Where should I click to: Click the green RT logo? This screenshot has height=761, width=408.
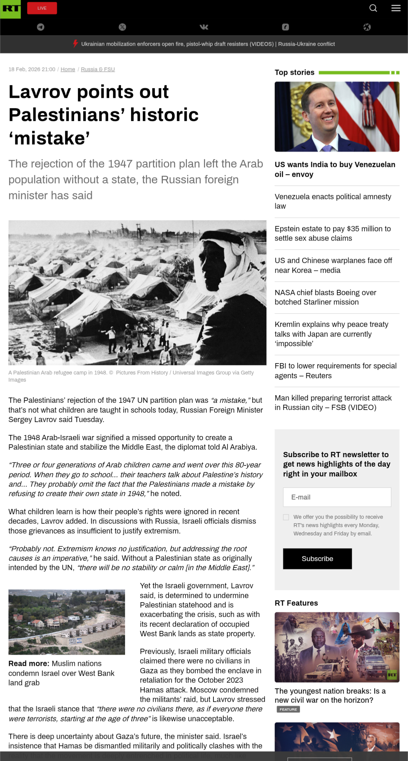pos(11,9)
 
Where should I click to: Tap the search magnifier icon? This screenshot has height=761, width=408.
pos(373,8)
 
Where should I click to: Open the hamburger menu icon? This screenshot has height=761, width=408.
pos(396,8)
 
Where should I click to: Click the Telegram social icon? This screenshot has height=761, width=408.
pos(40,27)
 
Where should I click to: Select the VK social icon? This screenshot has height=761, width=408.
pos(204,27)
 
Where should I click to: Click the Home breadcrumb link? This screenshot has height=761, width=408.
pos(68,70)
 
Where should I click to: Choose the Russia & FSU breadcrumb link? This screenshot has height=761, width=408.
pos(98,70)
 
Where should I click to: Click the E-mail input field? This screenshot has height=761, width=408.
pos(337,497)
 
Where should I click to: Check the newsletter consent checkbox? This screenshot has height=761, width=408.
pos(286,517)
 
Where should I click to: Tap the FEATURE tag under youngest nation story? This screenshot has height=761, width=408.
pos(288,709)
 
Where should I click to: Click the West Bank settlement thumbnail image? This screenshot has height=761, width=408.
pos(66,622)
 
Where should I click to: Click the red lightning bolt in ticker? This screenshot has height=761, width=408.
pos(76,44)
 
